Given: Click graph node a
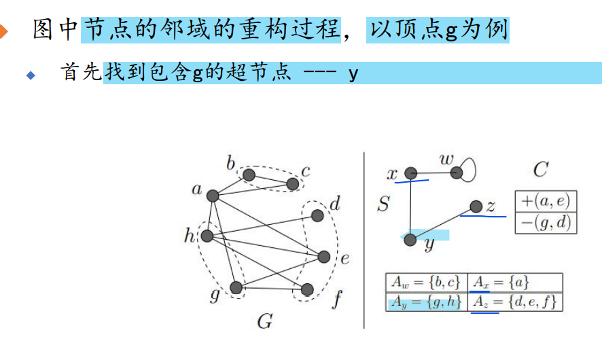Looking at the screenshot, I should tap(212, 196).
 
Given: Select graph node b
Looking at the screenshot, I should tap(249, 175).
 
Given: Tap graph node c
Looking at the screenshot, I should tap(293, 183).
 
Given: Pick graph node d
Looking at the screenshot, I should tap(317, 215).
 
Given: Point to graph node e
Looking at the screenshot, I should tap(323, 257).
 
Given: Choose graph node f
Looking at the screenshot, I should tap(307, 289).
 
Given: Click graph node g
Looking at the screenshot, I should tap(236, 288).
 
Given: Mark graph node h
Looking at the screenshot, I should tap(207, 236).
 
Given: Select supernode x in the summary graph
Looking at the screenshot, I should tap(410, 174).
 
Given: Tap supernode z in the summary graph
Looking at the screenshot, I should tap(476, 206).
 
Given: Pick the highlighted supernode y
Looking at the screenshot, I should tap(410, 239).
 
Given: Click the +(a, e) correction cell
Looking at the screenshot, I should tap(546, 201).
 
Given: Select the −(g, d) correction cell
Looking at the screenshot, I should tap(546, 223).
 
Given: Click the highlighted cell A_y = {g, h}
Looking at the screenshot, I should tap(425, 302).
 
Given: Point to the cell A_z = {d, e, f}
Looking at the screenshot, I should tap(514, 302).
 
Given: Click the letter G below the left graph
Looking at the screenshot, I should tap(264, 321).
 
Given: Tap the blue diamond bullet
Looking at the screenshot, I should tap(30, 75).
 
